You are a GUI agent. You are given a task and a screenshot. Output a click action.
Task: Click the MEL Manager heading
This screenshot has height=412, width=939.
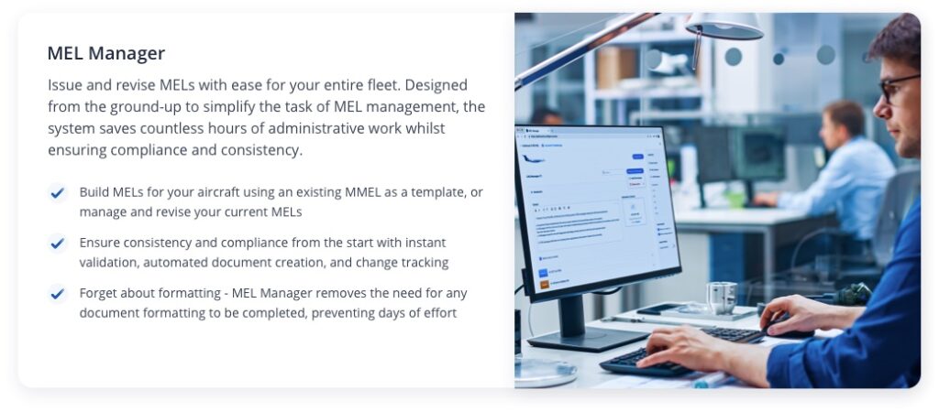[106, 54]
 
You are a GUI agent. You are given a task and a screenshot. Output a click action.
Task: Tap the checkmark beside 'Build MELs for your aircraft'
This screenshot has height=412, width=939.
[58, 193]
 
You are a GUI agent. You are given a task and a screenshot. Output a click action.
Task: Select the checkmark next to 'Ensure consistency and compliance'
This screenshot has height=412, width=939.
[58, 244]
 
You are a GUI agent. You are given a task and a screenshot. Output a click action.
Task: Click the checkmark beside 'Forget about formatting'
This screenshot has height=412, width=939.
[58, 294]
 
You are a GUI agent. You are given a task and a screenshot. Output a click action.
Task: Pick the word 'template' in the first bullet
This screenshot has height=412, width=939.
[447, 193]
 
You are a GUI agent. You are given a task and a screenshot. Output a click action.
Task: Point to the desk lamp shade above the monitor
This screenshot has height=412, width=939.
[724, 27]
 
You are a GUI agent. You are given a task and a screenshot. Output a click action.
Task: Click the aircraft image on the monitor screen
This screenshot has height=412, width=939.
[534, 159]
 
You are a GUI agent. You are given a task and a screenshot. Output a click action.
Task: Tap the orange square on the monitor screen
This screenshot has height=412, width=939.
[544, 285]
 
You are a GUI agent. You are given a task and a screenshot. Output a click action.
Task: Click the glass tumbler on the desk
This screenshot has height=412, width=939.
[722, 298]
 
